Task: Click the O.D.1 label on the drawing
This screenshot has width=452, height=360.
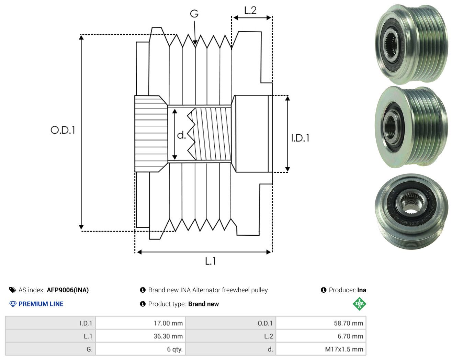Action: tap(63, 130)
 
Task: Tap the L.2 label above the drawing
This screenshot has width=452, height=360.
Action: tap(250, 10)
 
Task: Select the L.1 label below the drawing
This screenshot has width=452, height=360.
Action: tap(211, 261)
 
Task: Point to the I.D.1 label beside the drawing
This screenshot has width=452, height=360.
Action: tap(300, 138)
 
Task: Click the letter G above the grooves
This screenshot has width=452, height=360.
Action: tap(194, 14)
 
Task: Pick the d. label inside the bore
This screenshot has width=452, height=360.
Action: tap(181, 135)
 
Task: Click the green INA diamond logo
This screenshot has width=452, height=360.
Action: tap(359, 304)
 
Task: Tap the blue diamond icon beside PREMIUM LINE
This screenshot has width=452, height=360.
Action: tap(13, 304)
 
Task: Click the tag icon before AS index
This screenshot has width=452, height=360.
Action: tap(13, 290)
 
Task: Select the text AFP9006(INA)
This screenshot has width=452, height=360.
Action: tap(68, 290)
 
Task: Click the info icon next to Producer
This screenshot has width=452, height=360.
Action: tap(324, 290)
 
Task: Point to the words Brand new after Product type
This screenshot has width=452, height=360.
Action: tap(203, 304)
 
